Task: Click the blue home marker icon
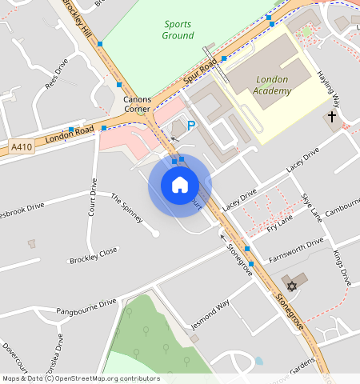180,185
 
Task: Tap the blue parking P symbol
190,125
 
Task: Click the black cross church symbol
331,117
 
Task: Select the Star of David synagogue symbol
292,286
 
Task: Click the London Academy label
273,86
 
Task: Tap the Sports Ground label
178,30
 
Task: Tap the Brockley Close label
93,255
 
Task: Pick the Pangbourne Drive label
86,307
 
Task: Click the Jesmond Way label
210,314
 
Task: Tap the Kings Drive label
342,269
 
